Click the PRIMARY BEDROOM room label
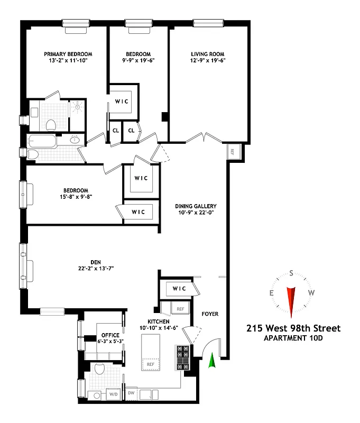(68, 54)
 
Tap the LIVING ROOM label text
(208, 54)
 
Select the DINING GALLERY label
(196, 206)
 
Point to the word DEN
(95, 262)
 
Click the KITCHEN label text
(159, 321)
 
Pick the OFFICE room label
(110, 335)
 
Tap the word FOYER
(210, 314)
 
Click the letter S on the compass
(291, 273)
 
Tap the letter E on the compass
(272, 292)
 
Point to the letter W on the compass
(311, 292)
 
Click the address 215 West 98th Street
(293, 328)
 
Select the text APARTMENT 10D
(293, 338)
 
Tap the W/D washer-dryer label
(113, 394)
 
